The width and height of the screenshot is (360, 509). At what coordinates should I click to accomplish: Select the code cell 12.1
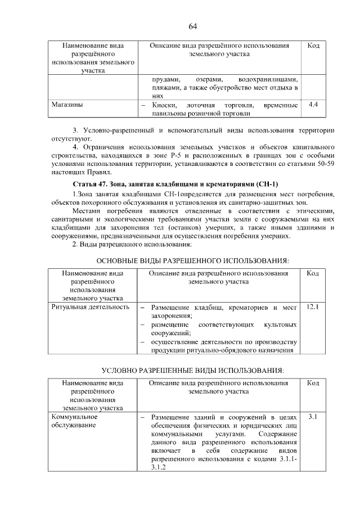[x=313, y=308]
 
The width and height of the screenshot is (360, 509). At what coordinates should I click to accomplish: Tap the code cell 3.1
[x=313, y=417]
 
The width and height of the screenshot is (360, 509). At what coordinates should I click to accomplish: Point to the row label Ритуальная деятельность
[x=90, y=308]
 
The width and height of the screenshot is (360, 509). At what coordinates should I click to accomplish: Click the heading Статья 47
[x=94, y=184]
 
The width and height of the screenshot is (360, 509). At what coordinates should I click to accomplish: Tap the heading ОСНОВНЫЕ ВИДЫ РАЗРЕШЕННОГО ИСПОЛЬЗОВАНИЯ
[x=193, y=261]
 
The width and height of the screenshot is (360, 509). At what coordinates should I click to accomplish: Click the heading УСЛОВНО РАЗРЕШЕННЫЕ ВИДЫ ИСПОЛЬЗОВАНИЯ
[x=193, y=371]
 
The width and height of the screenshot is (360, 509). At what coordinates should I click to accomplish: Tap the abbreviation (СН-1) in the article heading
[x=267, y=184]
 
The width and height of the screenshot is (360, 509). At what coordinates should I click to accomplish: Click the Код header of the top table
[x=313, y=46]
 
